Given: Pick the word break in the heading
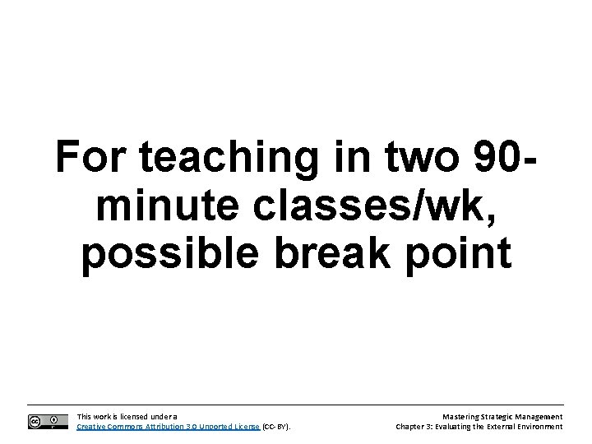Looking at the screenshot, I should click(x=349, y=257).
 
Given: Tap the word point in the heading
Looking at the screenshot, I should click(x=465, y=257).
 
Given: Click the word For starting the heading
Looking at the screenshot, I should click(x=90, y=159).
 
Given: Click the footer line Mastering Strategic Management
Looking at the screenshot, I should click(x=503, y=417).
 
